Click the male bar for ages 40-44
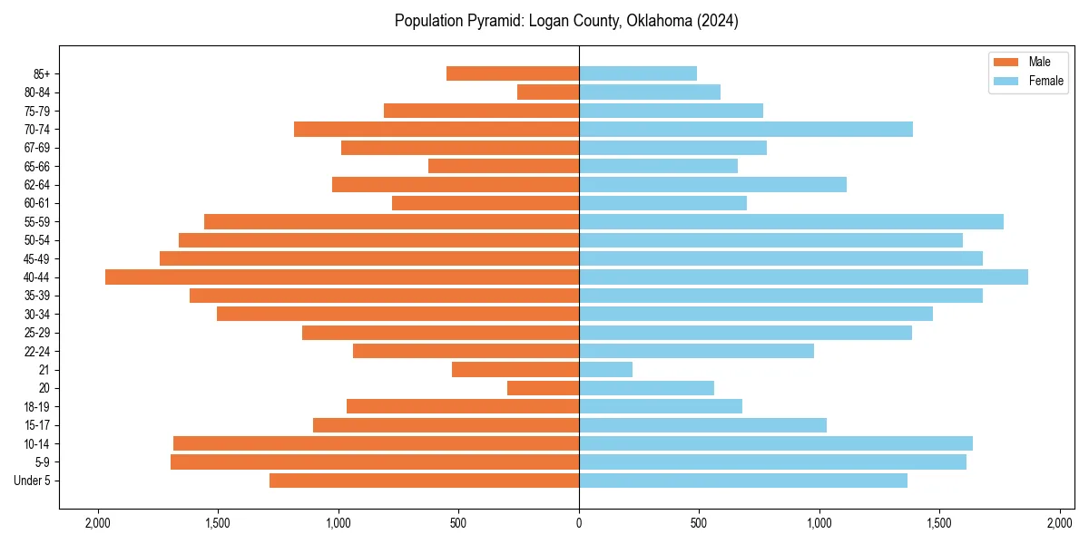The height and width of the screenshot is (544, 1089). [342, 277]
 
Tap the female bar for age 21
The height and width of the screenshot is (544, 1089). [605, 370]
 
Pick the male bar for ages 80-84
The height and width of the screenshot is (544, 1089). [548, 92]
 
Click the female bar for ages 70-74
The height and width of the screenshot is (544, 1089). [746, 130]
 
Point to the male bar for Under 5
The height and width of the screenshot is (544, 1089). [424, 481]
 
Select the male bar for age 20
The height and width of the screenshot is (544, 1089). [543, 388]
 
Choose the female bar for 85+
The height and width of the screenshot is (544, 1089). [638, 73]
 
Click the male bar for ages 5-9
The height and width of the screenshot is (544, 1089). [375, 462]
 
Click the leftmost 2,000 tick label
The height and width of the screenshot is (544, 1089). [98, 523]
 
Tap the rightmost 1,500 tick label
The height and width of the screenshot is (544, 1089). [939, 523]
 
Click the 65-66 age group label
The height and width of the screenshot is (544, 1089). [37, 167]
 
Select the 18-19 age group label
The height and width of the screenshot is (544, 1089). [37, 407]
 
